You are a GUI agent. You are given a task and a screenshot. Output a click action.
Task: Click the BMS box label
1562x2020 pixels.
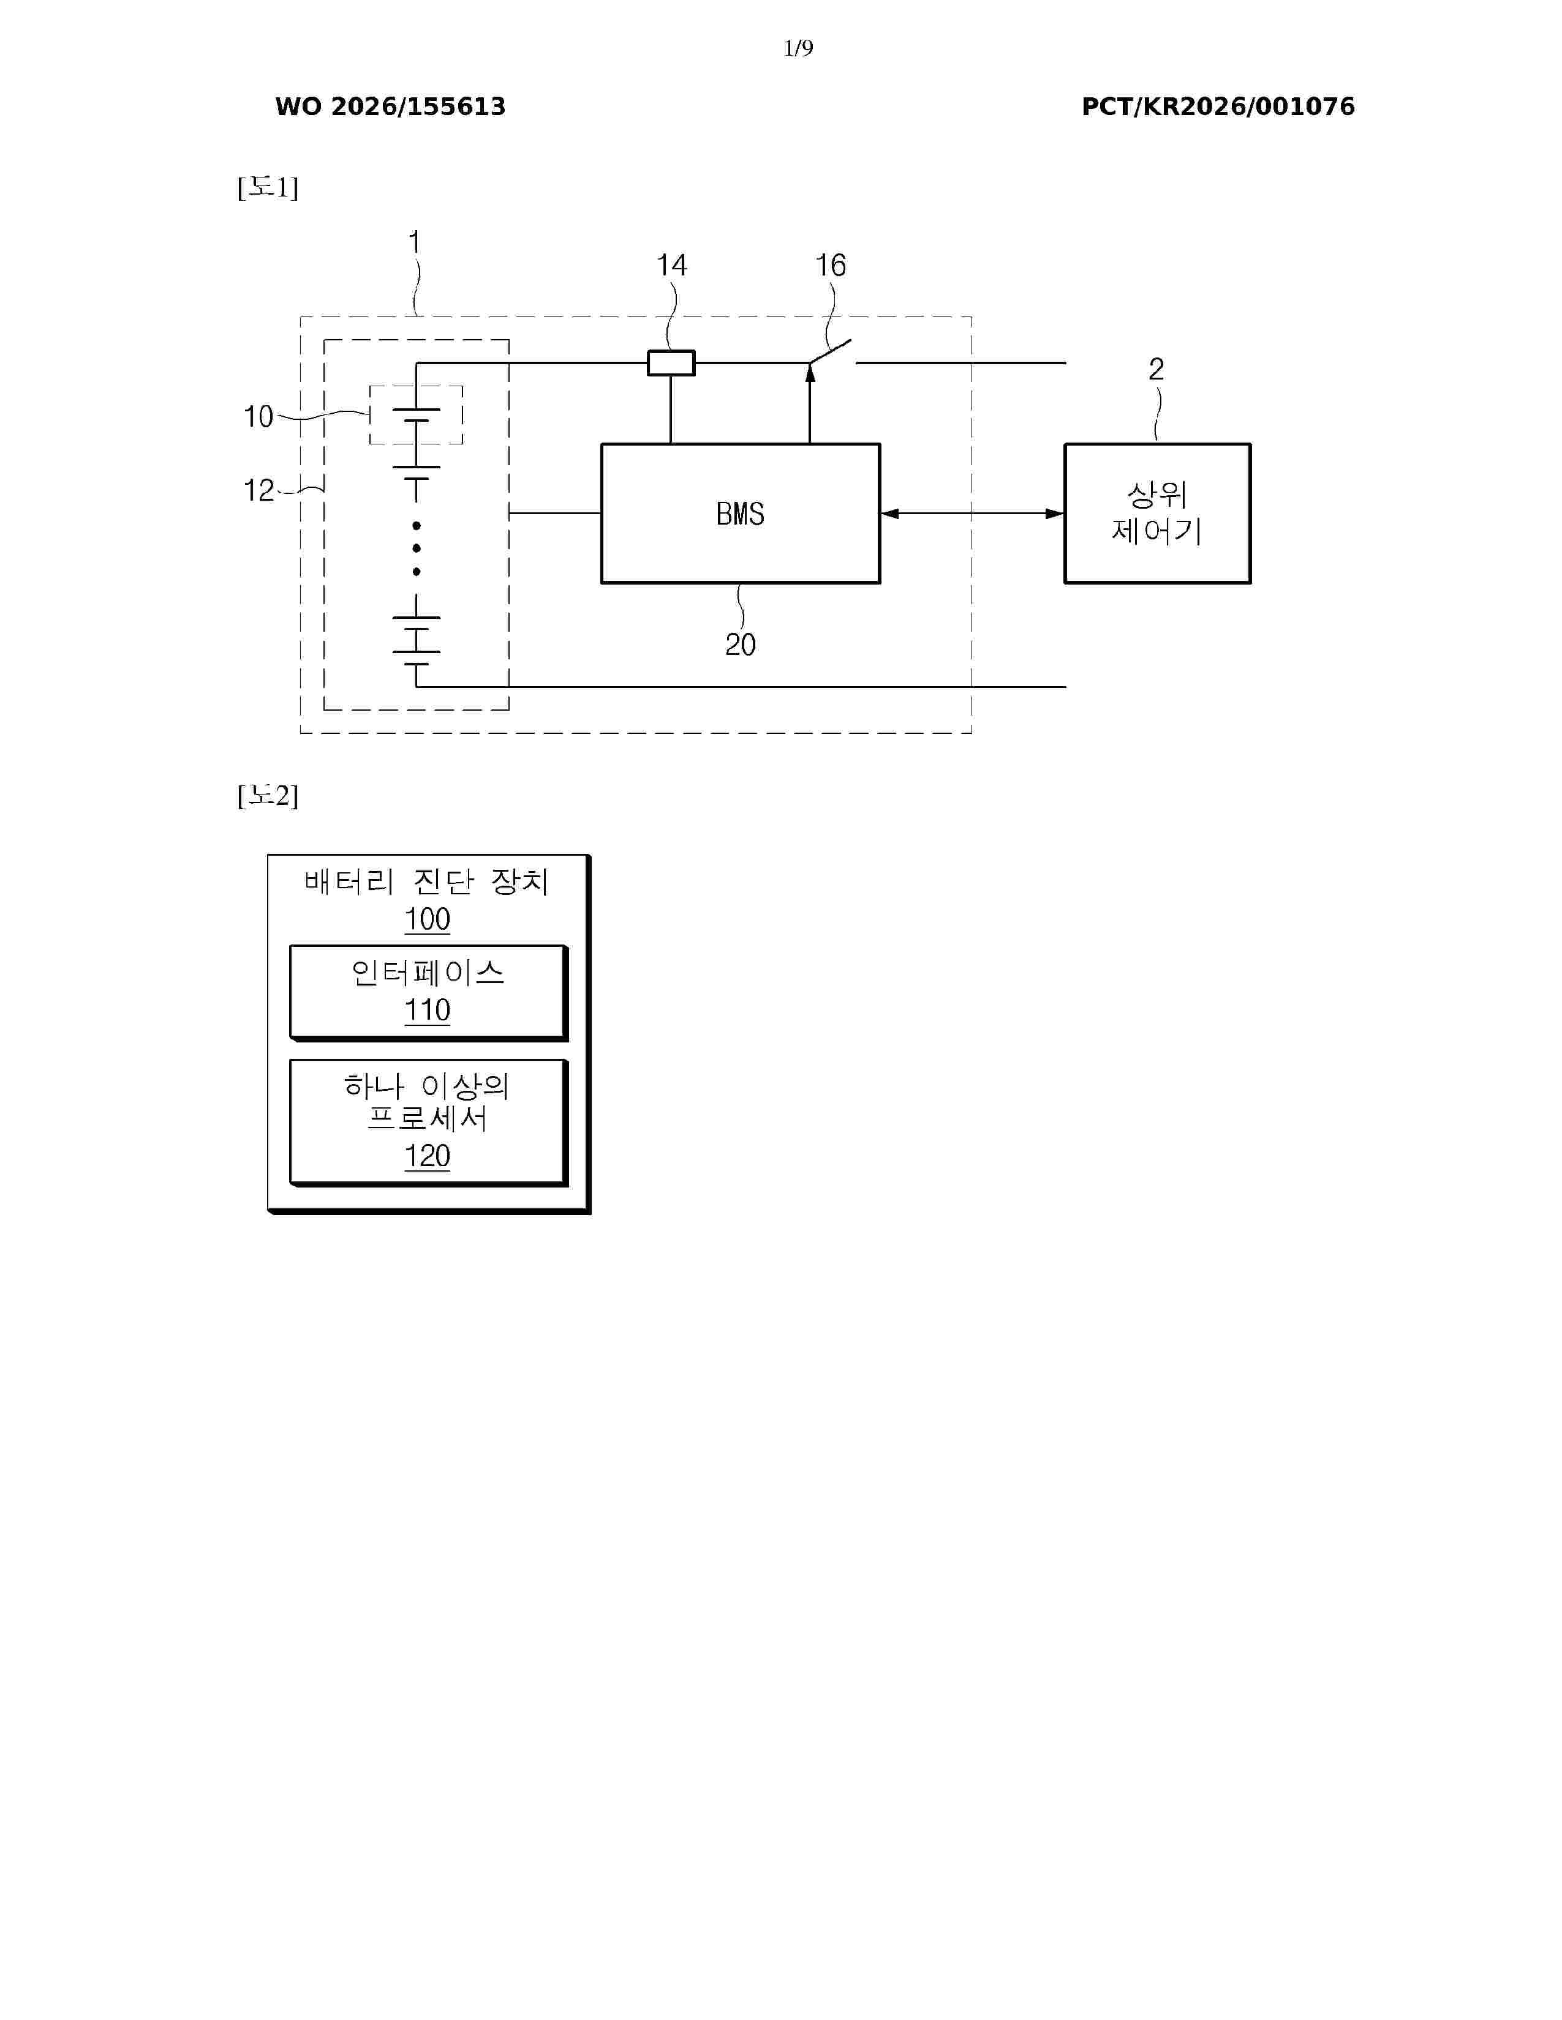pos(741,514)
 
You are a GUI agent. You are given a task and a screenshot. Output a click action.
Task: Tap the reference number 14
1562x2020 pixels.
pos(672,266)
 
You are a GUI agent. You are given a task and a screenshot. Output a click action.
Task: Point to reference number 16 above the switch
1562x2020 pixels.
pos(830,266)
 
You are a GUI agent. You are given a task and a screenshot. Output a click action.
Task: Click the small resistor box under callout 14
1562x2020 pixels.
pos(671,362)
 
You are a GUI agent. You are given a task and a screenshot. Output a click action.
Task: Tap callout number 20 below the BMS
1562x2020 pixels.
pos(741,645)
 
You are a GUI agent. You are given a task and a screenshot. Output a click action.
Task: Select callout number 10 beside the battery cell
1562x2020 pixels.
pos(258,416)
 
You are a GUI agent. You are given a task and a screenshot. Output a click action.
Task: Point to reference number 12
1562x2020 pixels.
pos(258,490)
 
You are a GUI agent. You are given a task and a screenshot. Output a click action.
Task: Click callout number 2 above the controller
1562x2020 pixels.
pos(1156,369)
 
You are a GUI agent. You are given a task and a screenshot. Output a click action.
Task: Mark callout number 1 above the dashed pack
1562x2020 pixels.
pos(415,242)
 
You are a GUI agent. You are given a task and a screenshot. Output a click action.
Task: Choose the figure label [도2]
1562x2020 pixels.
pos(268,795)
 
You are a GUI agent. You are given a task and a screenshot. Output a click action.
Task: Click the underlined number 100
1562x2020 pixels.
pos(428,919)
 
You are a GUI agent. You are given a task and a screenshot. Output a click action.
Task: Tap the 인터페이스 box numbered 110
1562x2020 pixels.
pos(428,992)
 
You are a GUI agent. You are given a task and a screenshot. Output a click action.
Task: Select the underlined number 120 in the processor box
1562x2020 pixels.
pos(428,1156)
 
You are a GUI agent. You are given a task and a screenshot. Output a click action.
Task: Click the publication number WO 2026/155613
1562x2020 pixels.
pos(391,107)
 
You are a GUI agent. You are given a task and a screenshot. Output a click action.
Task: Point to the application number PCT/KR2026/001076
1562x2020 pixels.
pos(1218,107)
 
